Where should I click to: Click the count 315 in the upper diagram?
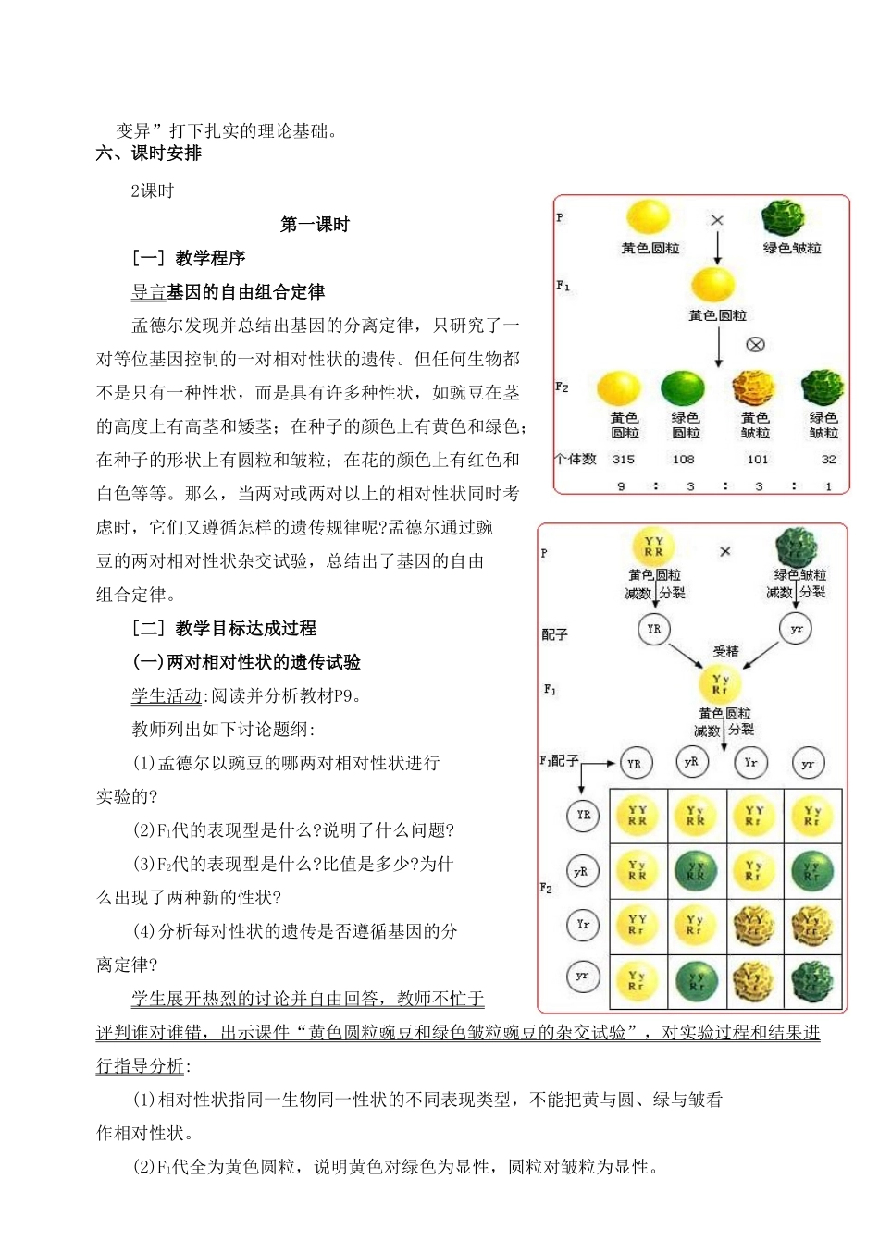click(624, 459)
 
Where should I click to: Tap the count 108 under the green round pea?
click(683, 459)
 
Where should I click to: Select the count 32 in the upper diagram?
click(828, 459)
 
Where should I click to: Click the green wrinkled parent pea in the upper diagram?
click(783, 219)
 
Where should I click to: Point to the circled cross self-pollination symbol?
click(755, 345)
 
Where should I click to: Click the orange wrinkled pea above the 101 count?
click(753, 388)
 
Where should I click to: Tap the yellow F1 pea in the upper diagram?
click(712, 284)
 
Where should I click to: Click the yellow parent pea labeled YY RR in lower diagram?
click(653, 547)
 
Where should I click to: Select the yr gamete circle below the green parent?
click(796, 629)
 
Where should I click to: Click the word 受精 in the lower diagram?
click(725, 651)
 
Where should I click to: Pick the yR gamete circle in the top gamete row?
click(691, 762)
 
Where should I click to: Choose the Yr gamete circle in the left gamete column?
click(583, 925)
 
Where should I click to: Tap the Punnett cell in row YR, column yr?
click(812, 815)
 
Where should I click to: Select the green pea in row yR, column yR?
click(696, 870)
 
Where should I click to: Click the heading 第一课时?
click(315, 225)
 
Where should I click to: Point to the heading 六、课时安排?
click(149, 154)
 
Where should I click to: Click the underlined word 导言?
click(148, 292)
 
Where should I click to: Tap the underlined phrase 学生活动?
click(167, 696)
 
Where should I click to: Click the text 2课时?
click(152, 190)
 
